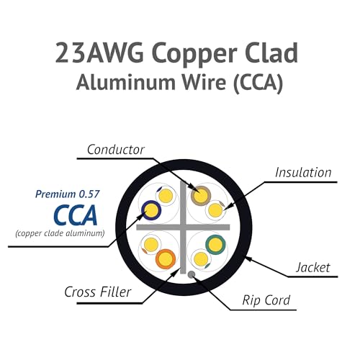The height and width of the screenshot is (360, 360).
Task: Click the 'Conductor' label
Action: pyautogui.click(x=116, y=150)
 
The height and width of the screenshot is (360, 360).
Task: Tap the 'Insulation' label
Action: pyautogui.click(x=303, y=173)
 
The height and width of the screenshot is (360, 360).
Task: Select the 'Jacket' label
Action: pyautogui.click(x=313, y=267)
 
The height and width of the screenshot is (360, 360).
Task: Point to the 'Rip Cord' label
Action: pyautogui.click(x=266, y=300)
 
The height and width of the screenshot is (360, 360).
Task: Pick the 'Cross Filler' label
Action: pyautogui.click(x=98, y=292)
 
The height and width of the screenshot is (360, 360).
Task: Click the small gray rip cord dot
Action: pyautogui.click(x=192, y=274)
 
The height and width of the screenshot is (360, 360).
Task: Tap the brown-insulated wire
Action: pyautogui.click(x=201, y=196)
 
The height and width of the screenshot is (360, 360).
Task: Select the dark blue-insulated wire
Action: pyautogui.click(x=151, y=210)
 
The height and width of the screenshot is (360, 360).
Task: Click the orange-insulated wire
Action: pyautogui.click(x=166, y=259)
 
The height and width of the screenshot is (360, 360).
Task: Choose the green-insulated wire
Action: pyautogui.click(x=215, y=245)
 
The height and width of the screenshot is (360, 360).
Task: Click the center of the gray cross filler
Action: pyautogui.click(x=183, y=228)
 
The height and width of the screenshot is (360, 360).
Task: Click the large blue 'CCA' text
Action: pyautogui.click(x=76, y=215)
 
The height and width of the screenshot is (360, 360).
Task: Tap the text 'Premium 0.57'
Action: pyautogui.click(x=67, y=194)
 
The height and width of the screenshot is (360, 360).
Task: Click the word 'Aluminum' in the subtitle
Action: pyautogui.click(x=127, y=83)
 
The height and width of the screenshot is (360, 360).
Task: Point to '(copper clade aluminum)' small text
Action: pyautogui.click(x=60, y=233)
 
